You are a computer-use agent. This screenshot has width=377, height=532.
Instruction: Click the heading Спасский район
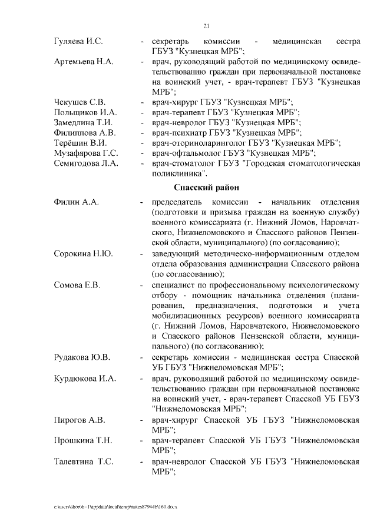click(x=206, y=188)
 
